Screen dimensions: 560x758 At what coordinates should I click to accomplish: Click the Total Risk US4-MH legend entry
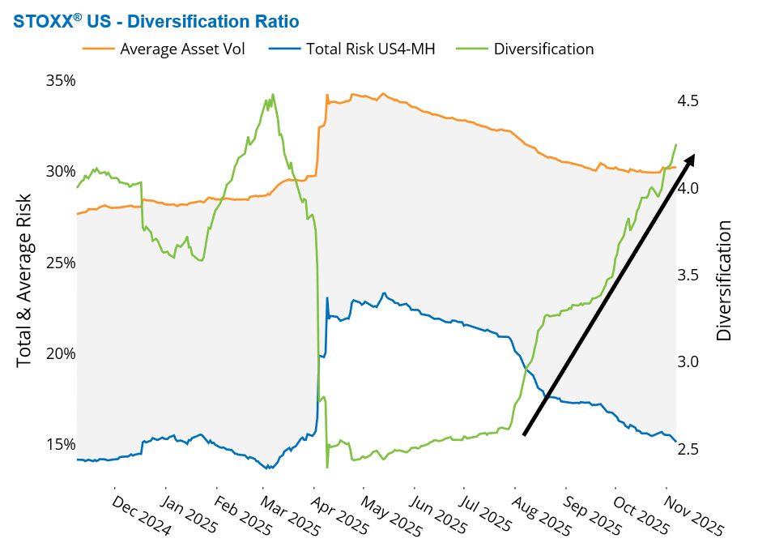pos(370,49)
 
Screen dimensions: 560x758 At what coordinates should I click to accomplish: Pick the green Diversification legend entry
pos(543,49)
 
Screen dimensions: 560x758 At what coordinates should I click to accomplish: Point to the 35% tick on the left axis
pos(60,80)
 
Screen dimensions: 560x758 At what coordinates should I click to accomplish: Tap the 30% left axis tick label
pos(60,172)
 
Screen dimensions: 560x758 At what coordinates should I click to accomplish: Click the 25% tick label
pos(60,263)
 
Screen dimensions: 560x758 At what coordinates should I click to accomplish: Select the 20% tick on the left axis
pos(60,353)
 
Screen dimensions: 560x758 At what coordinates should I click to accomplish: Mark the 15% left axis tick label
pos(60,444)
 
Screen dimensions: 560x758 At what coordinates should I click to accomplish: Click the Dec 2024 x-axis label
pos(141,515)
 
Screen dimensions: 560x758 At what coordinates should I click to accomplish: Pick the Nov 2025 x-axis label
pos(693,515)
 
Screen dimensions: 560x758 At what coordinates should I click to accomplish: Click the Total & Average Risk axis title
pos(25,280)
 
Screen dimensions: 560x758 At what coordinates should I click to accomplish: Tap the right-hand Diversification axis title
pos(723,280)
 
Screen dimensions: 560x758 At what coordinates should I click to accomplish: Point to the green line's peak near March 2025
pos(273,95)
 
